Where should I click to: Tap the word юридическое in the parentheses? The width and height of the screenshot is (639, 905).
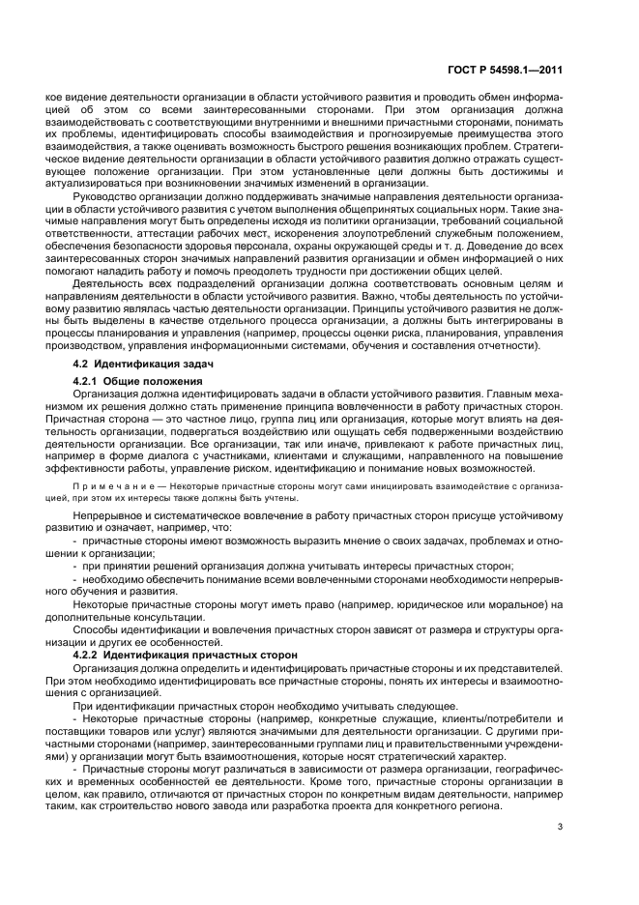click(436, 604)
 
